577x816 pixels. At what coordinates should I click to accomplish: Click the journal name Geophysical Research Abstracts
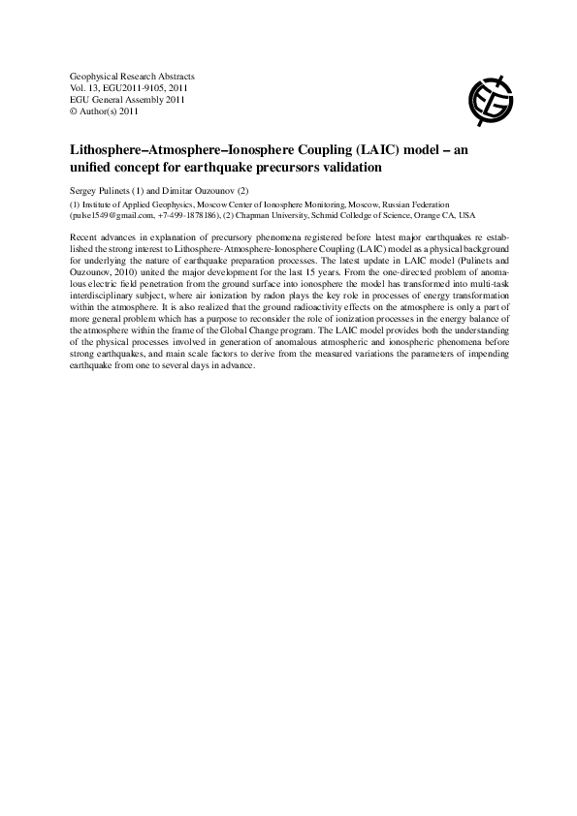pos(133,75)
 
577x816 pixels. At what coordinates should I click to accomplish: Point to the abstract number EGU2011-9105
pos(139,86)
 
